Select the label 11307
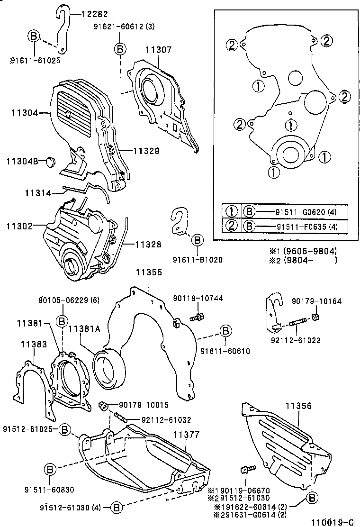pyautogui.click(x=159, y=49)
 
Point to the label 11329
pyautogui.click(x=146, y=151)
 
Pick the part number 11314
pyautogui.click(x=38, y=192)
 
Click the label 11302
pyautogui.click(x=19, y=227)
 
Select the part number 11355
pyautogui.click(x=149, y=273)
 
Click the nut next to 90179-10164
pyautogui.click(x=316, y=316)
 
